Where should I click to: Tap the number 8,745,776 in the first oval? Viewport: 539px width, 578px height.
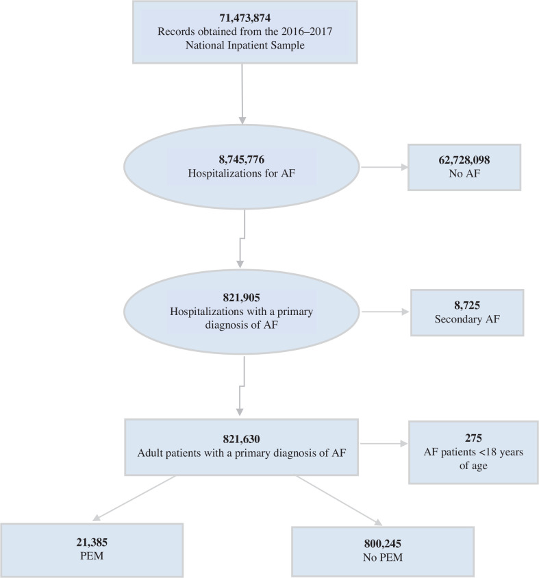pos(241,160)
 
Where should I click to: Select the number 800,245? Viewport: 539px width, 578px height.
pos(382,544)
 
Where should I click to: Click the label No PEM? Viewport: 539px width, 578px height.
pos(382,559)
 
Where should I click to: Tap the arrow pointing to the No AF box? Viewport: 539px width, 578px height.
pos(384,167)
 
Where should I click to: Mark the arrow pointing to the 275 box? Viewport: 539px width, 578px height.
pos(382,444)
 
